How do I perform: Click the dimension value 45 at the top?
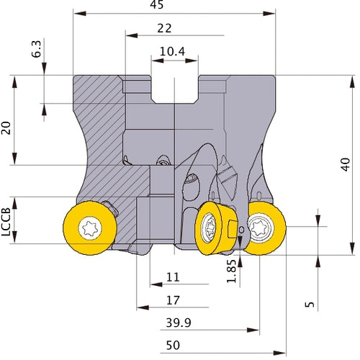(x=157, y=4)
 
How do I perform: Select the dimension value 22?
(x=164, y=28)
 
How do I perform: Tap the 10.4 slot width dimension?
(x=172, y=51)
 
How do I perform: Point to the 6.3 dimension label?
(x=37, y=49)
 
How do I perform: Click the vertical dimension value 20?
(x=6, y=128)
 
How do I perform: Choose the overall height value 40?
(x=346, y=164)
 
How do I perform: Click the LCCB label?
(x=6, y=222)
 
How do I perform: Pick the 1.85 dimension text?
(x=232, y=271)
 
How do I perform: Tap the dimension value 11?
(x=173, y=277)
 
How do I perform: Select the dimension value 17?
(x=173, y=300)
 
